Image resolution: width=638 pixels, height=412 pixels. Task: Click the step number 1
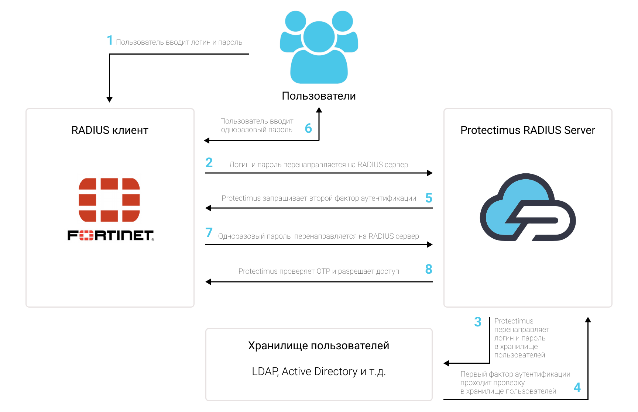[x=110, y=40]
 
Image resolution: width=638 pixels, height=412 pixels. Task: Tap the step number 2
[x=209, y=162]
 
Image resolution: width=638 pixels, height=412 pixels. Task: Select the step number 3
[x=478, y=322]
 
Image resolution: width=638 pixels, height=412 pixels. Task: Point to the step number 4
[x=577, y=387]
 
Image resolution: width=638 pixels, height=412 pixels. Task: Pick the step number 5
[x=429, y=198]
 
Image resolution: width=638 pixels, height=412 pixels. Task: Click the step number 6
[x=308, y=128]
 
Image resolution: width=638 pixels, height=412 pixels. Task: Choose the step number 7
[x=209, y=232]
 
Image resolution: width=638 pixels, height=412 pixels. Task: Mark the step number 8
[x=429, y=269]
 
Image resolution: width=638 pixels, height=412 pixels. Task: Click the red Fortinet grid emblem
[x=109, y=200]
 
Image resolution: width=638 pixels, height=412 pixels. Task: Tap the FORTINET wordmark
[x=111, y=235]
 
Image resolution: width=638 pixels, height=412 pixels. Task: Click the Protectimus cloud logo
[x=528, y=207]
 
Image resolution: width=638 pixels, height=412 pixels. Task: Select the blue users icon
[x=319, y=47]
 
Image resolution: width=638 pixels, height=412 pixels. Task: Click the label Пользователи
[x=319, y=96]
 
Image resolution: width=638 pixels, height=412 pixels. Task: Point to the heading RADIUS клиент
[x=110, y=130]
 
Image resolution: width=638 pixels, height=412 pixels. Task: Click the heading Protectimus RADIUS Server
[x=528, y=130]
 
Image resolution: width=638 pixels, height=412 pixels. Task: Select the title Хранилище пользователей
[x=319, y=346]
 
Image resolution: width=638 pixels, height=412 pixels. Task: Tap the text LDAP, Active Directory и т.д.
[x=319, y=371]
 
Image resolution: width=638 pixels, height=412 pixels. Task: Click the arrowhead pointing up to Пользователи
[x=319, y=110]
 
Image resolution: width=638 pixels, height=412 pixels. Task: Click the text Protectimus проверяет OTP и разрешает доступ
[x=319, y=271]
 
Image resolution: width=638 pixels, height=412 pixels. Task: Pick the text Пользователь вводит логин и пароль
[x=179, y=42]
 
